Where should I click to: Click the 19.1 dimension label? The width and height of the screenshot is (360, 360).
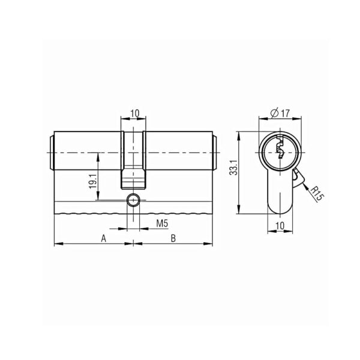click(92, 181)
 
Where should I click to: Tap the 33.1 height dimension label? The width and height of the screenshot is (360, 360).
click(234, 167)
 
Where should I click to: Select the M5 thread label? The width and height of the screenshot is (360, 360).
click(163, 223)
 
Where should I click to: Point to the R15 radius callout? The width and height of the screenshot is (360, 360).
click(317, 194)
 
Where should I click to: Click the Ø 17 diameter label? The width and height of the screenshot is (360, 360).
click(280, 113)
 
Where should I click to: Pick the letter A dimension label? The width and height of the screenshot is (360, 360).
click(104, 238)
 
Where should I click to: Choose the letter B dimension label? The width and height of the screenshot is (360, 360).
click(173, 238)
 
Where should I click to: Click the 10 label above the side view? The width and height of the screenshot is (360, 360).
click(135, 113)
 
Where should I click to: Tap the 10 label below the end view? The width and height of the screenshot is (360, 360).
click(280, 226)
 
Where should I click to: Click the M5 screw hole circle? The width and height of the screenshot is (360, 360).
click(133, 200)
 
